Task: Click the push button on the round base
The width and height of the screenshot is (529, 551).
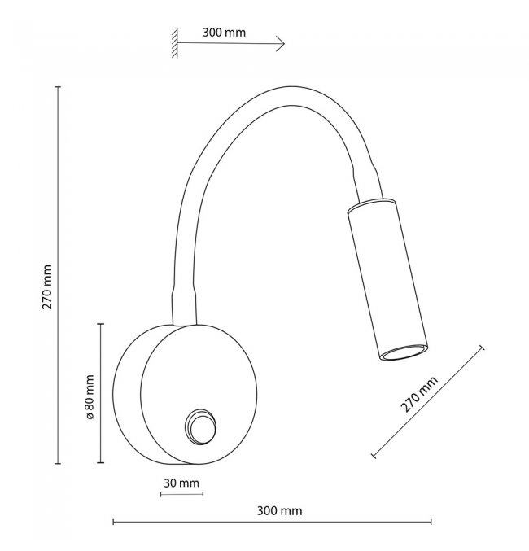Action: click(201, 427)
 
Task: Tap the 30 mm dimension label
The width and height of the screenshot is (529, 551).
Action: click(181, 483)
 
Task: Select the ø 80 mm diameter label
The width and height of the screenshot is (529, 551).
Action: click(90, 396)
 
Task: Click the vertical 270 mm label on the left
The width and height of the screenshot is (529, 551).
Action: click(47, 287)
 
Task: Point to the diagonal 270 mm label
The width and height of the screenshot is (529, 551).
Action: click(419, 394)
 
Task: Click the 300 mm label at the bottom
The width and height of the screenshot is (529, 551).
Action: click(279, 510)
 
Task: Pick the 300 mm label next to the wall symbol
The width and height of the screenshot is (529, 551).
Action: click(224, 33)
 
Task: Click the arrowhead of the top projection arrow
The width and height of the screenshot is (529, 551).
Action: click(281, 44)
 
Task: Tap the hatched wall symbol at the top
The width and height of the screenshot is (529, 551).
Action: click(175, 42)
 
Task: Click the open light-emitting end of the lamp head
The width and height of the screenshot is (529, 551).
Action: click(404, 352)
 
